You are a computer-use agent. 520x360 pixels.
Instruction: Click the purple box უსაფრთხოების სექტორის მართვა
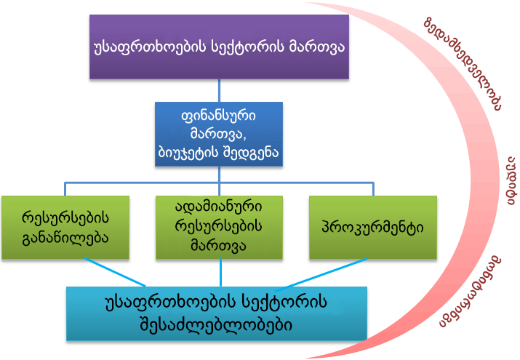point(219,47)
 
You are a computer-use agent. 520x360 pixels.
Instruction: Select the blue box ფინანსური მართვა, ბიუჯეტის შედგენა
point(219,134)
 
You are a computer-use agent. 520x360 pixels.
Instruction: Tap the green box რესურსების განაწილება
point(65,227)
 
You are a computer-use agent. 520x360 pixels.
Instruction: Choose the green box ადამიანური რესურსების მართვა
point(219,227)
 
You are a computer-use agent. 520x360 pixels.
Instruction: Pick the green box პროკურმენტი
point(373,227)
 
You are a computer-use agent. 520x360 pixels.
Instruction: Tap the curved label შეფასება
point(473,291)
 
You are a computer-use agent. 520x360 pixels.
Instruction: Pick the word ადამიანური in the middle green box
point(219,209)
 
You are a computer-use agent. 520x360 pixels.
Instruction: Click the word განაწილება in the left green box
point(65,236)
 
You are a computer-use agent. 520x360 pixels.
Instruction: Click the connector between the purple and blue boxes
point(219,89)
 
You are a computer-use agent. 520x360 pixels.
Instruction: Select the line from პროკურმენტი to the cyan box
point(327,273)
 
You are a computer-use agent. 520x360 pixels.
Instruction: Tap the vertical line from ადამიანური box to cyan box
point(220,273)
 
